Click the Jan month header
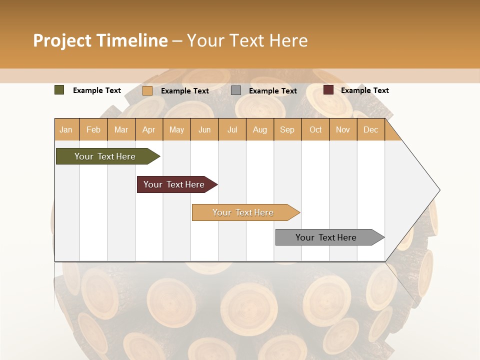click(x=66, y=130)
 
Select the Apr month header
click(x=148, y=130)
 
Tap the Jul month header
click(x=232, y=130)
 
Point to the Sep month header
click(x=287, y=130)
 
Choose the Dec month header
click(x=370, y=130)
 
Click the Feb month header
click(x=93, y=130)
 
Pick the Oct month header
click(x=315, y=130)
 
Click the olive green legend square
click(x=59, y=90)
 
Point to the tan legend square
click(x=147, y=90)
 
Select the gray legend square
click(x=236, y=90)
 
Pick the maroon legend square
click(x=328, y=90)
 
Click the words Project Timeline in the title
click(x=100, y=40)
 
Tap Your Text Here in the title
click(x=247, y=40)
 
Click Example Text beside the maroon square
click(x=364, y=90)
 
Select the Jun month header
click(x=204, y=130)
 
